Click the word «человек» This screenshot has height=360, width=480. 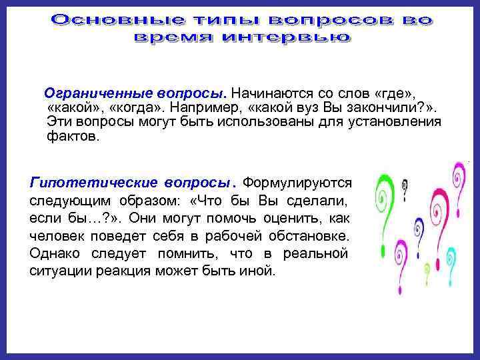click(58, 236)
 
